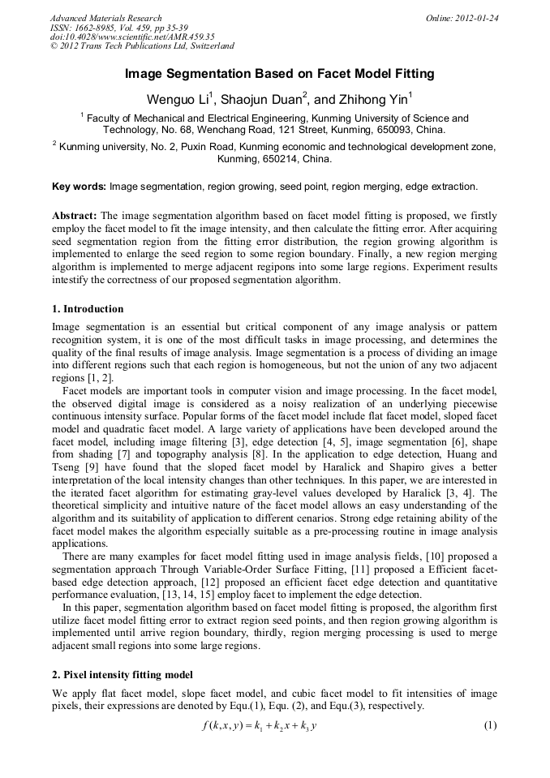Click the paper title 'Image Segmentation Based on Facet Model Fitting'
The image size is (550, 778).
pos(279,74)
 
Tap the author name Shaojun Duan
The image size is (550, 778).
pos(249,100)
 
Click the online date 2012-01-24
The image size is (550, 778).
pos(479,18)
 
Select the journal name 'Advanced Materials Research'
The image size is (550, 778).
pos(105,18)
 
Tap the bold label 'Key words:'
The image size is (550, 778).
pos(79,187)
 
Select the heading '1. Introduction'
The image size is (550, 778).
pos(88,309)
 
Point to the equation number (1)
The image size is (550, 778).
pos(489,724)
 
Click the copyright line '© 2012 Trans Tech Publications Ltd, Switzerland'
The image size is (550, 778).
pos(142,47)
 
